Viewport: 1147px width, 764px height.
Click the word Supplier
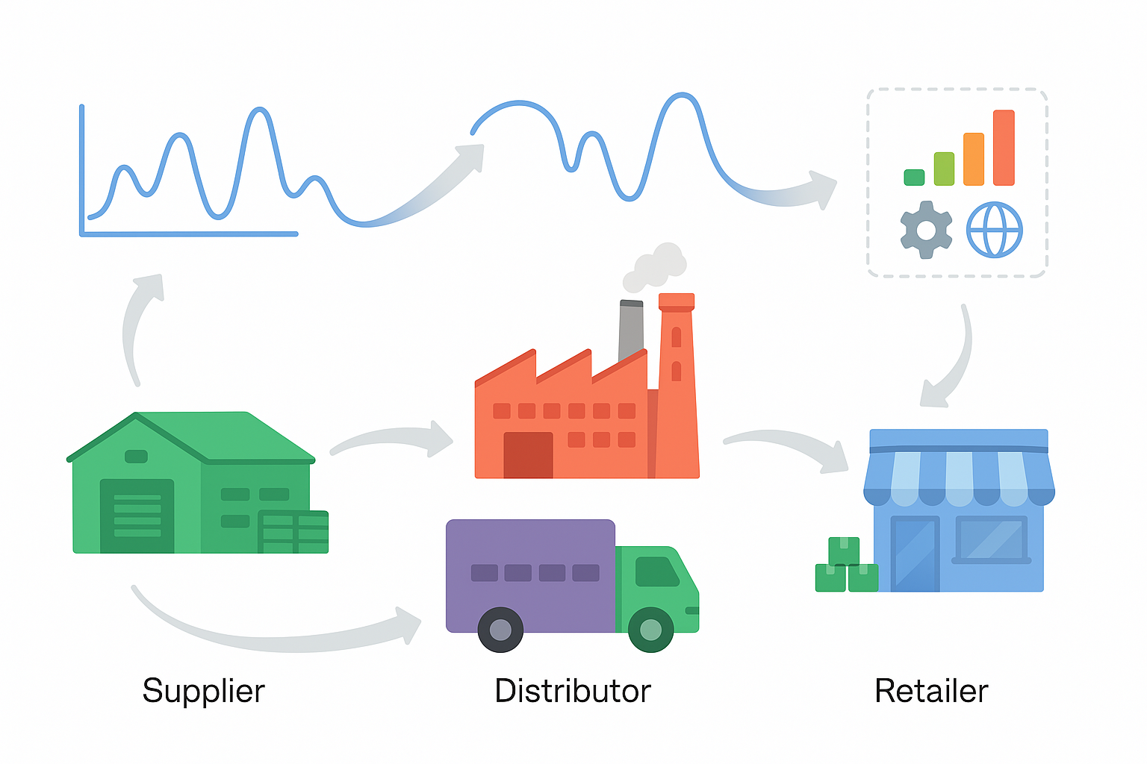click(203, 691)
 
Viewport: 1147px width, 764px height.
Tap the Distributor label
click(572, 691)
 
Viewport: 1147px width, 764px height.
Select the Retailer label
click(931, 691)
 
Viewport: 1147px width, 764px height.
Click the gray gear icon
click(926, 230)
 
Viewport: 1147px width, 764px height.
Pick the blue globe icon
click(994, 230)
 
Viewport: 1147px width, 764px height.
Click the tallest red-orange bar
click(1004, 148)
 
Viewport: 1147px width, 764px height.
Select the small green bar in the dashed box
click(914, 178)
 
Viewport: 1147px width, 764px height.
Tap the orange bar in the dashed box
click(973, 159)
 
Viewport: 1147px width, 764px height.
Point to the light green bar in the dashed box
click(944, 169)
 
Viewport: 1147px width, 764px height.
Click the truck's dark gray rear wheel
click(500, 629)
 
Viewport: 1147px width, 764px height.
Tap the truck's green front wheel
click(650, 629)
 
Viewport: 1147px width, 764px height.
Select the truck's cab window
click(656, 572)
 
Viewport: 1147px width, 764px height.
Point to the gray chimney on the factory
click(631, 328)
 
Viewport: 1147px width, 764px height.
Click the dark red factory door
click(528, 455)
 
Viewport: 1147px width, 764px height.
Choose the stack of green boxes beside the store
click(845, 567)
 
